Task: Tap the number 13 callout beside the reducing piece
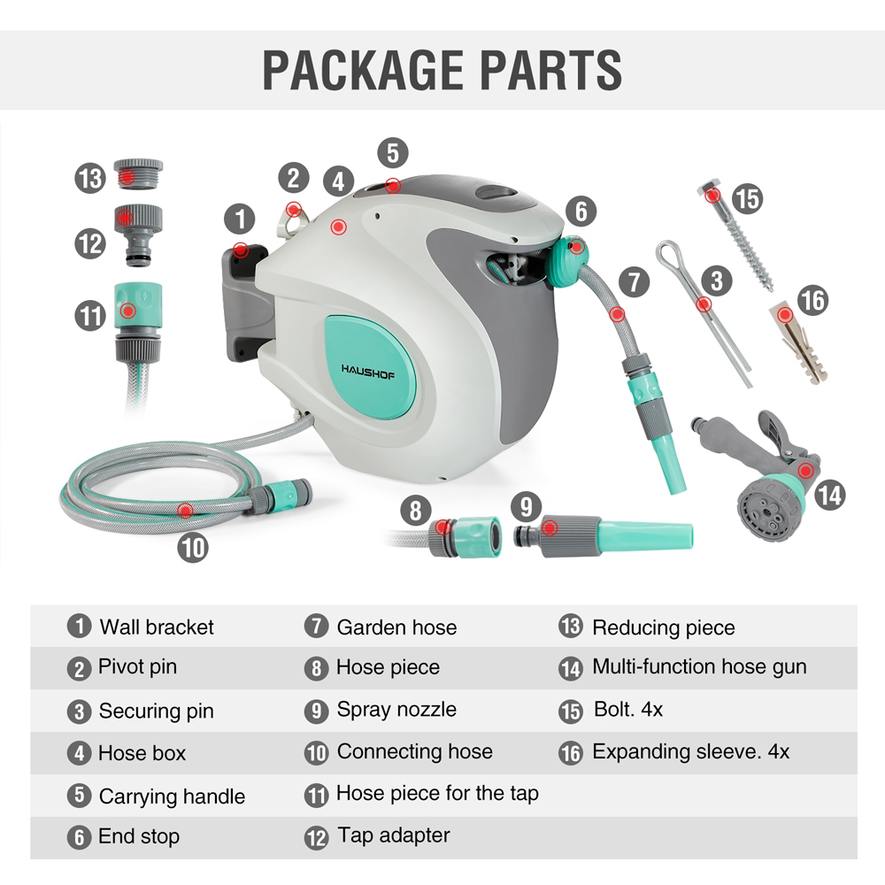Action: point(90,179)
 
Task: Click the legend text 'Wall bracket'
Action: point(157,627)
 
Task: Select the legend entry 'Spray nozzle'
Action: point(396,710)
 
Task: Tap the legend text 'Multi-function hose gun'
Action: point(699,666)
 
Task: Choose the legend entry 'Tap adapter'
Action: point(393,835)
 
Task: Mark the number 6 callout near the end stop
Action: point(581,211)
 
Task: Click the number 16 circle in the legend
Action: point(571,753)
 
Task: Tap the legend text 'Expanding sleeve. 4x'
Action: point(690,752)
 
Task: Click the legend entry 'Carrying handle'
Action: point(172,796)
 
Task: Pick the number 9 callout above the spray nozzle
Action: point(527,506)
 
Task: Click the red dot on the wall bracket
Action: point(239,250)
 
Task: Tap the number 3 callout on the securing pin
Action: point(716,282)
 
